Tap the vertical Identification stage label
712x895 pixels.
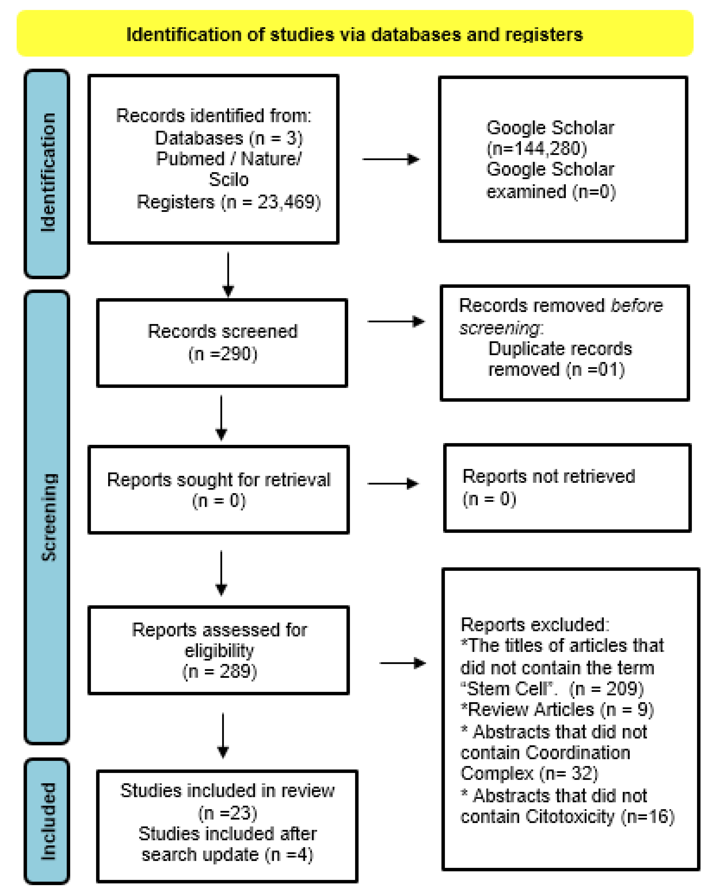click(47, 172)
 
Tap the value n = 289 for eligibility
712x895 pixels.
click(219, 671)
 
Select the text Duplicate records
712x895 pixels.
click(560, 349)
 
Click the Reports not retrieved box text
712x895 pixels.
click(548, 476)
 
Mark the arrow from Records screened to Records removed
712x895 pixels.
click(395, 321)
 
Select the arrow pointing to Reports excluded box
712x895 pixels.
click(402, 663)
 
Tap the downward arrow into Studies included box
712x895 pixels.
click(223, 736)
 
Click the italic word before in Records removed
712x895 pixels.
click(636, 306)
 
